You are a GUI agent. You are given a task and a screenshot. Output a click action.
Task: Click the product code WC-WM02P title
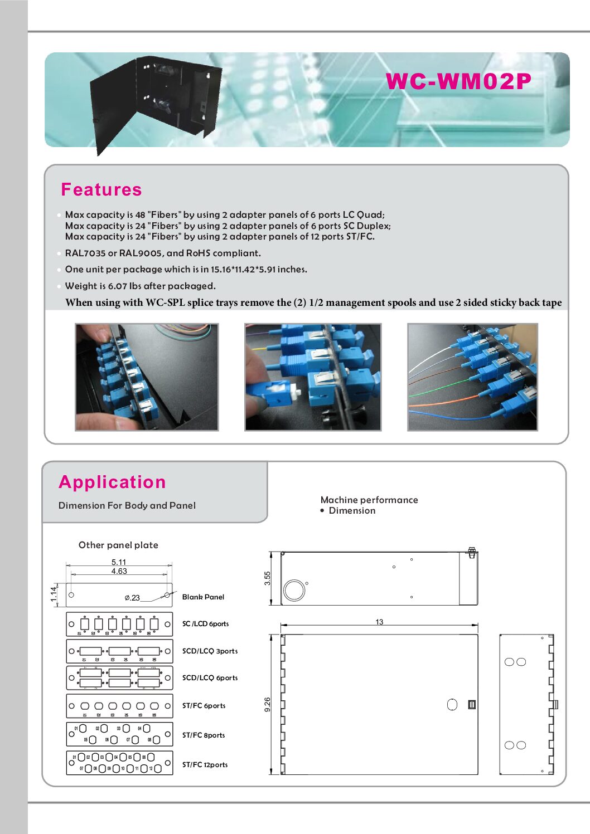[458, 81]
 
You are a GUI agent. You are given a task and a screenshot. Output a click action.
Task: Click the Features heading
[101, 189]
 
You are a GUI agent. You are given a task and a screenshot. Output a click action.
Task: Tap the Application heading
[112, 482]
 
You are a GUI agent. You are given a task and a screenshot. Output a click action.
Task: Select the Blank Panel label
[203, 597]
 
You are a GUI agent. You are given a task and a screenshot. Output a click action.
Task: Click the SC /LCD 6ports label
[205, 623]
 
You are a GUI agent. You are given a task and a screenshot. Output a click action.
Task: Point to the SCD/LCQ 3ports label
[210, 651]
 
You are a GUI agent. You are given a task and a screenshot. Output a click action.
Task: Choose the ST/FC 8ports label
[204, 735]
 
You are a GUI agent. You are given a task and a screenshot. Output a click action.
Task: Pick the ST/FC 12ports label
[205, 764]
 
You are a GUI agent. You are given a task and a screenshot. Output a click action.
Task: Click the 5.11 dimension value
[119, 562]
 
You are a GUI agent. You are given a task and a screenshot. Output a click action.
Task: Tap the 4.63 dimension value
[119, 571]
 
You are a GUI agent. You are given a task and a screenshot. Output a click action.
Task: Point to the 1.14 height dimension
[54, 594]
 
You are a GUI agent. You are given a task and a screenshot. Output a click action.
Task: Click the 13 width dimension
[379, 622]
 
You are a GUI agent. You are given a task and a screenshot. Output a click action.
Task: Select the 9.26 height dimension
[268, 704]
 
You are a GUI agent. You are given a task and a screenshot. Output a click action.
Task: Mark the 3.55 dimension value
[268, 578]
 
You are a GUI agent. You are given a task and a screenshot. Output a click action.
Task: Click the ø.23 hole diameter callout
[132, 598]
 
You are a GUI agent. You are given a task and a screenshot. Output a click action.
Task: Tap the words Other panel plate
[118, 545]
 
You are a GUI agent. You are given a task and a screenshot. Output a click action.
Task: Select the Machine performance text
[369, 500]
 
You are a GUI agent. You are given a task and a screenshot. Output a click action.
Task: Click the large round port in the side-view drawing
[294, 589]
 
